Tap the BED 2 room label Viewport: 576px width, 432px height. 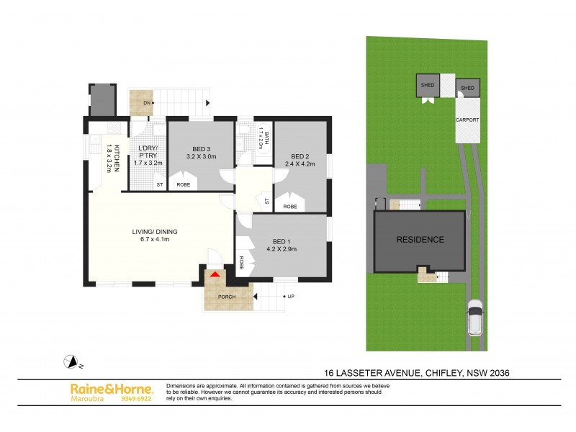coord(300,156)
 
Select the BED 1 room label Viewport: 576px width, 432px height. coord(282,241)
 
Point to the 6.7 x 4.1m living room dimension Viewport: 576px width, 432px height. coord(154,240)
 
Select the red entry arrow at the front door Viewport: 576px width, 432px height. coord(214,274)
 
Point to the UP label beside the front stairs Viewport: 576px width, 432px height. coord(290,296)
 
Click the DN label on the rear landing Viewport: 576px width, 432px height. coord(146,103)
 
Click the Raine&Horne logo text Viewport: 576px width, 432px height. coord(111,388)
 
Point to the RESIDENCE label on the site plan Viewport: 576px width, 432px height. coord(418,240)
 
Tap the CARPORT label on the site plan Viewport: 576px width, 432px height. coord(467,120)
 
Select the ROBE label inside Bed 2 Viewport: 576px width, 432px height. coord(290,207)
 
